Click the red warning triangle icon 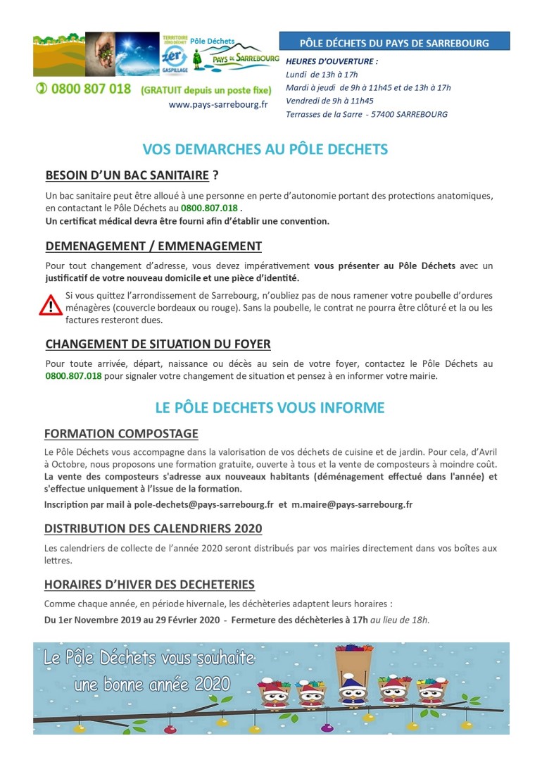[x=51, y=305]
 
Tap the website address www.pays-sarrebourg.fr [x=218, y=104]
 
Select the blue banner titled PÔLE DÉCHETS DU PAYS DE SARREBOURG [x=394, y=42]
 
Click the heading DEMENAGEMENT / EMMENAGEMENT [x=153, y=246]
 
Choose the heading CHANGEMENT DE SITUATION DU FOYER [x=158, y=344]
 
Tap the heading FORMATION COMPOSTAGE [x=121, y=433]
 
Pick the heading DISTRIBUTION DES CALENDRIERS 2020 [x=153, y=528]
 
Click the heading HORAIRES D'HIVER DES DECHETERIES [x=149, y=585]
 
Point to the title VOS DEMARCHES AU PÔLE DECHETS [x=265, y=149]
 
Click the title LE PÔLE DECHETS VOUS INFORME [x=270, y=408]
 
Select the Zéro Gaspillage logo [x=174, y=56]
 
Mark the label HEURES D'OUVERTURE [x=332, y=61]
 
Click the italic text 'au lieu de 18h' [x=400, y=620]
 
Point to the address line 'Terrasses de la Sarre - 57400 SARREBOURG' [x=367, y=114]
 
